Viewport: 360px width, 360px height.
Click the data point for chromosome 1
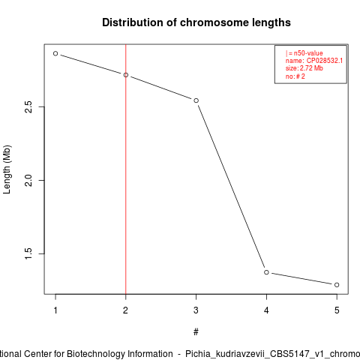coord(55,53)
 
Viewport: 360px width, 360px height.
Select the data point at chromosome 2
coord(126,75)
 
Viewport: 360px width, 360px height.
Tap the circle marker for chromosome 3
coord(196,100)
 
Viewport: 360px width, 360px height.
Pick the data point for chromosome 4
coord(266,272)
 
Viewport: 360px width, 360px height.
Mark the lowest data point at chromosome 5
coord(337,285)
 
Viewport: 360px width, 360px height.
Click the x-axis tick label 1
coord(55,310)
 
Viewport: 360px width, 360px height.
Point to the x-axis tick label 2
coord(125,310)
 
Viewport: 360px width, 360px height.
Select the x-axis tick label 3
coord(196,310)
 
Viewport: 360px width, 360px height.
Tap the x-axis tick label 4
coord(266,310)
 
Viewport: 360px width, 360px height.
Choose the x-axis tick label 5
coord(337,310)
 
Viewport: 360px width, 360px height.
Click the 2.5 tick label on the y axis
coord(28,107)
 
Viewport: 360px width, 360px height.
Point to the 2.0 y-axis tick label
coord(28,180)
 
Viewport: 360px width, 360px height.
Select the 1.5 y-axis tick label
coord(28,253)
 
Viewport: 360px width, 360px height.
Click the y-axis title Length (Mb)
coord(7,169)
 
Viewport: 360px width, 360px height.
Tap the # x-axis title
coord(196,332)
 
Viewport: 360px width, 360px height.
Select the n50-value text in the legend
coord(308,53)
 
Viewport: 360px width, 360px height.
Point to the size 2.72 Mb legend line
coord(304,68)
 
